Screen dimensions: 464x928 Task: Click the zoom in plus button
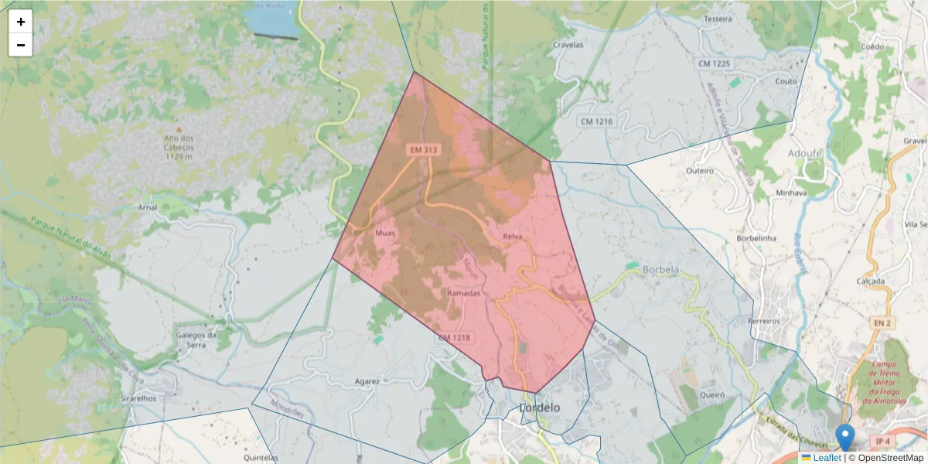[21, 22]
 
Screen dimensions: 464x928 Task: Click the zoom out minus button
[21, 45]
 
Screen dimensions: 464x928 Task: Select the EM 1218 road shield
[454, 338]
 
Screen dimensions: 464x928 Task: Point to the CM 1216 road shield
[596, 121]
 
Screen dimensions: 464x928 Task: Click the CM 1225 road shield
[713, 63]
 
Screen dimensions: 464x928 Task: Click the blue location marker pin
[846, 437]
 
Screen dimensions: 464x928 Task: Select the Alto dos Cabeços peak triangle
[179, 130]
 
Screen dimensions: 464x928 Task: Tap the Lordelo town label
[540, 407]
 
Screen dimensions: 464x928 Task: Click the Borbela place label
[660, 270]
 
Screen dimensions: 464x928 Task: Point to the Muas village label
[384, 232]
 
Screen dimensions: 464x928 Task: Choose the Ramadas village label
[464, 294]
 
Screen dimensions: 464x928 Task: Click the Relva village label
[513, 236]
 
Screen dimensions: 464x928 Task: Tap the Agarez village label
[367, 381]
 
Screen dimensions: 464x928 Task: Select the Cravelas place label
[568, 45]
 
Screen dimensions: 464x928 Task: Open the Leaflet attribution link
[827, 458]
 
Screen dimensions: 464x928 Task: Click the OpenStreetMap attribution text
[889, 458]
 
